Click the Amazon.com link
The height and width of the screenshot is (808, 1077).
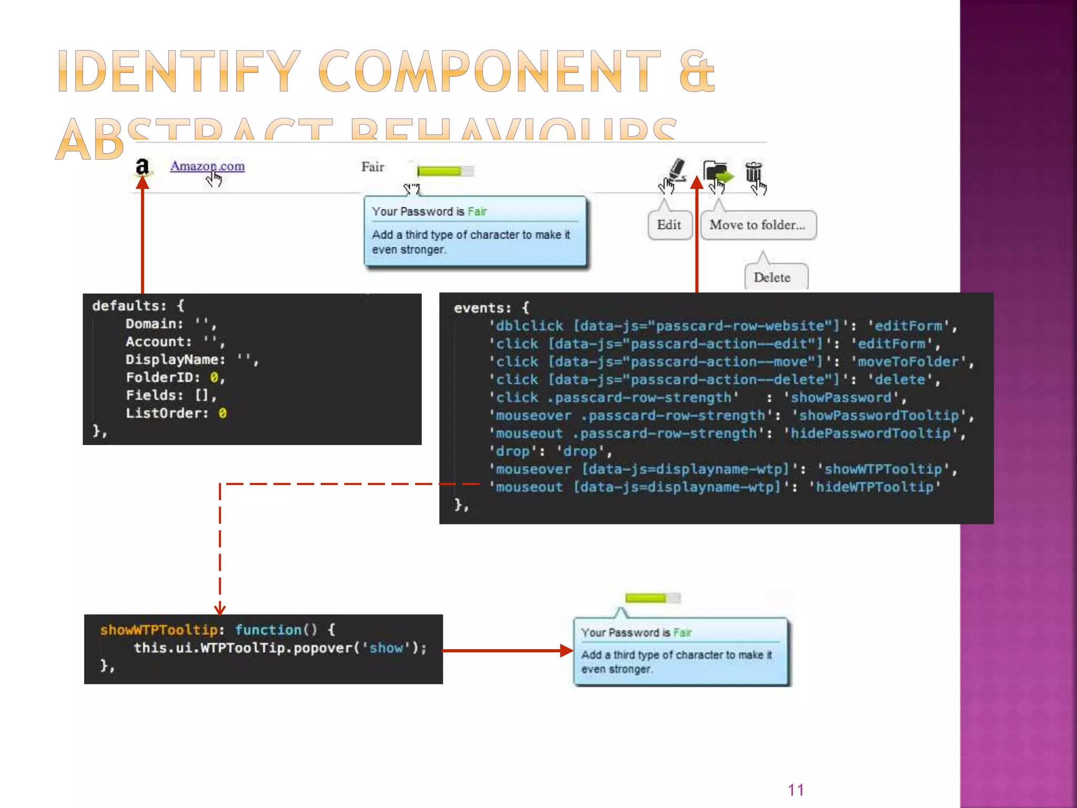click(x=207, y=166)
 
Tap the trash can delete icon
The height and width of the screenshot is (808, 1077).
click(x=753, y=172)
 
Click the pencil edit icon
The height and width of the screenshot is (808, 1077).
click(x=677, y=170)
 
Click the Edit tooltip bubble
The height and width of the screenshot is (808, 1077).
click(x=669, y=225)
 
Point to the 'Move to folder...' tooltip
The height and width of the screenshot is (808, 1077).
click(x=757, y=225)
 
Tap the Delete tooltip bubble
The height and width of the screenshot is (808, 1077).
click(x=772, y=277)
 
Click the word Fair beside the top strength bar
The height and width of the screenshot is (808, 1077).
click(x=372, y=167)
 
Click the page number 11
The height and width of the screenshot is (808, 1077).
click(x=796, y=790)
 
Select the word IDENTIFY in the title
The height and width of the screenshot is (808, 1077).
click(x=179, y=72)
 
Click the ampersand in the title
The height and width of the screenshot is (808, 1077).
click(x=697, y=72)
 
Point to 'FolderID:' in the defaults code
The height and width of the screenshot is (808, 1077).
click(x=163, y=378)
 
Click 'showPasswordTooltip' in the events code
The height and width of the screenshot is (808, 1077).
click(x=879, y=416)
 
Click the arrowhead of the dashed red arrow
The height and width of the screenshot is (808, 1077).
click(x=220, y=610)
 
